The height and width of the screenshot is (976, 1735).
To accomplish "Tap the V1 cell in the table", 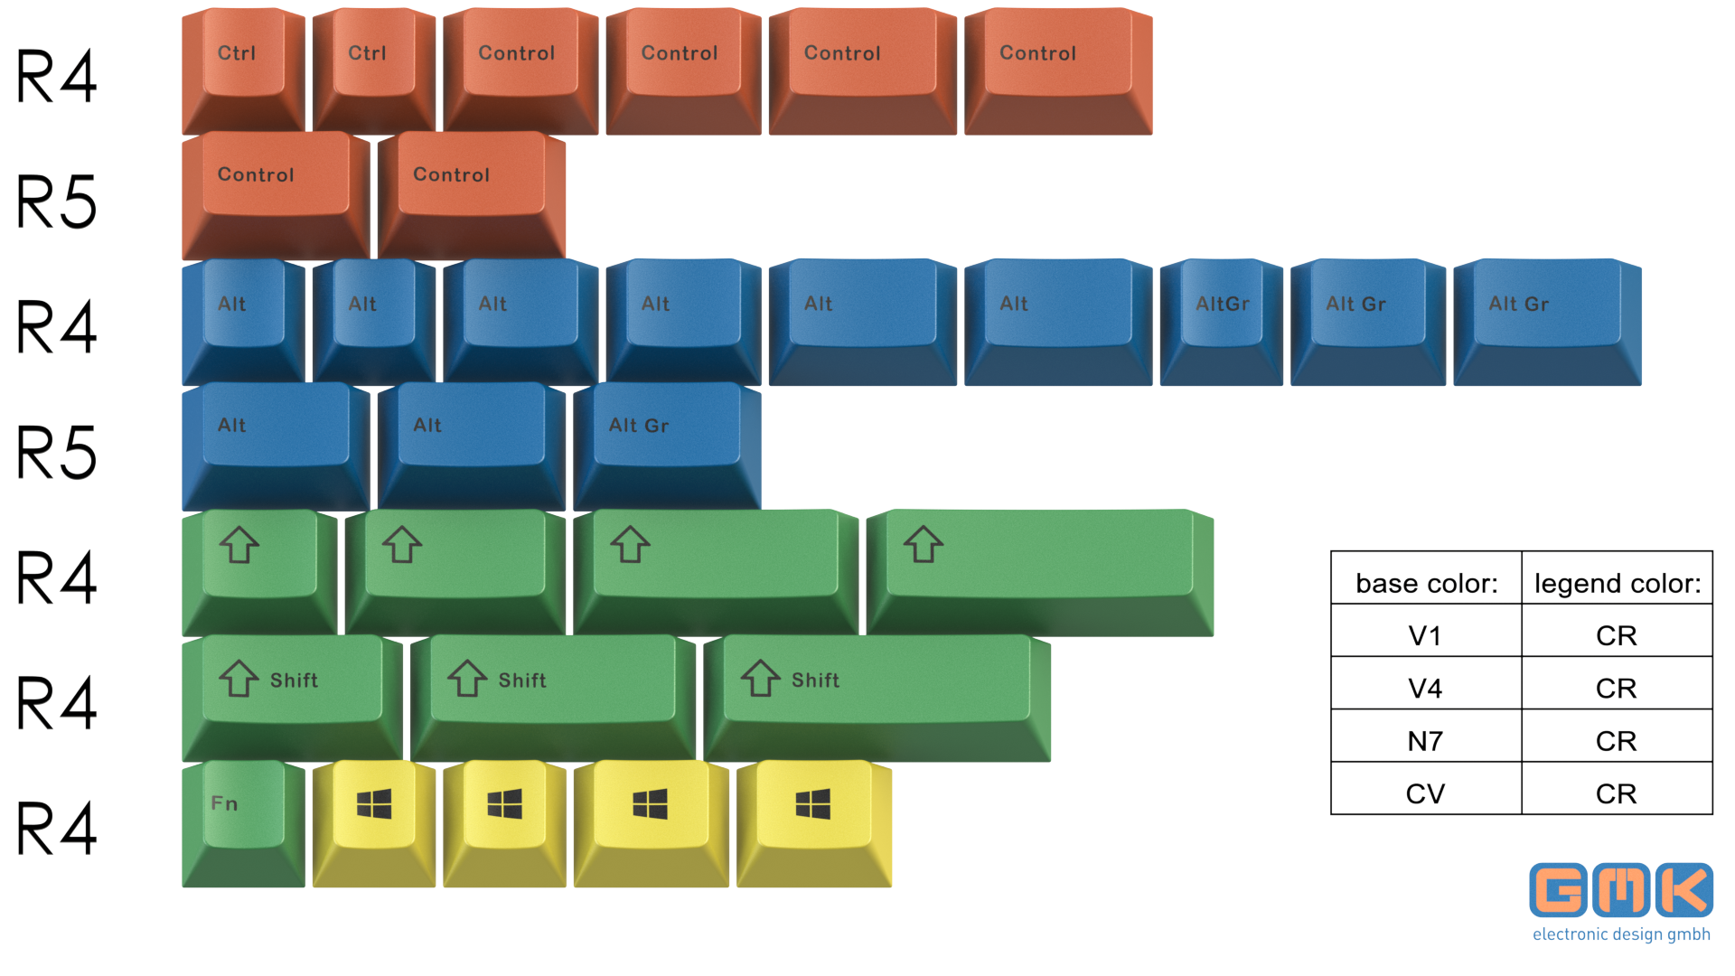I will pyautogui.click(x=1425, y=635).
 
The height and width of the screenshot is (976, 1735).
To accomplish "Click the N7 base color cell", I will pyautogui.click(x=1425, y=741).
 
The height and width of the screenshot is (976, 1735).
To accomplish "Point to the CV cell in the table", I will pyautogui.click(x=1425, y=793).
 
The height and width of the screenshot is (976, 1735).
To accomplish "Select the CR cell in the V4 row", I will pyautogui.click(x=1616, y=689).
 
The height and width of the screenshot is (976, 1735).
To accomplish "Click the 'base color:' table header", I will pyautogui.click(x=1426, y=584).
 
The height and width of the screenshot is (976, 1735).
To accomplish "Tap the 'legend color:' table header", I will pyautogui.click(x=1617, y=584).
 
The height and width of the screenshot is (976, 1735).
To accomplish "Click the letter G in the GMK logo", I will pyautogui.click(x=1558, y=890).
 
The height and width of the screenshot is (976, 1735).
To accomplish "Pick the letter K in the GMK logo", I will pyautogui.click(x=1684, y=890).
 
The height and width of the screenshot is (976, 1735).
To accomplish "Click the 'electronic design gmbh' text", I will pyautogui.click(x=1621, y=934).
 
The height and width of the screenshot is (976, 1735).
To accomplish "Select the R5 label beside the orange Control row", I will pyautogui.click(x=56, y=202).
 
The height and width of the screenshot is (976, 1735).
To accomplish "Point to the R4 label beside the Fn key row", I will pyautogui.click(x=56, y=828).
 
